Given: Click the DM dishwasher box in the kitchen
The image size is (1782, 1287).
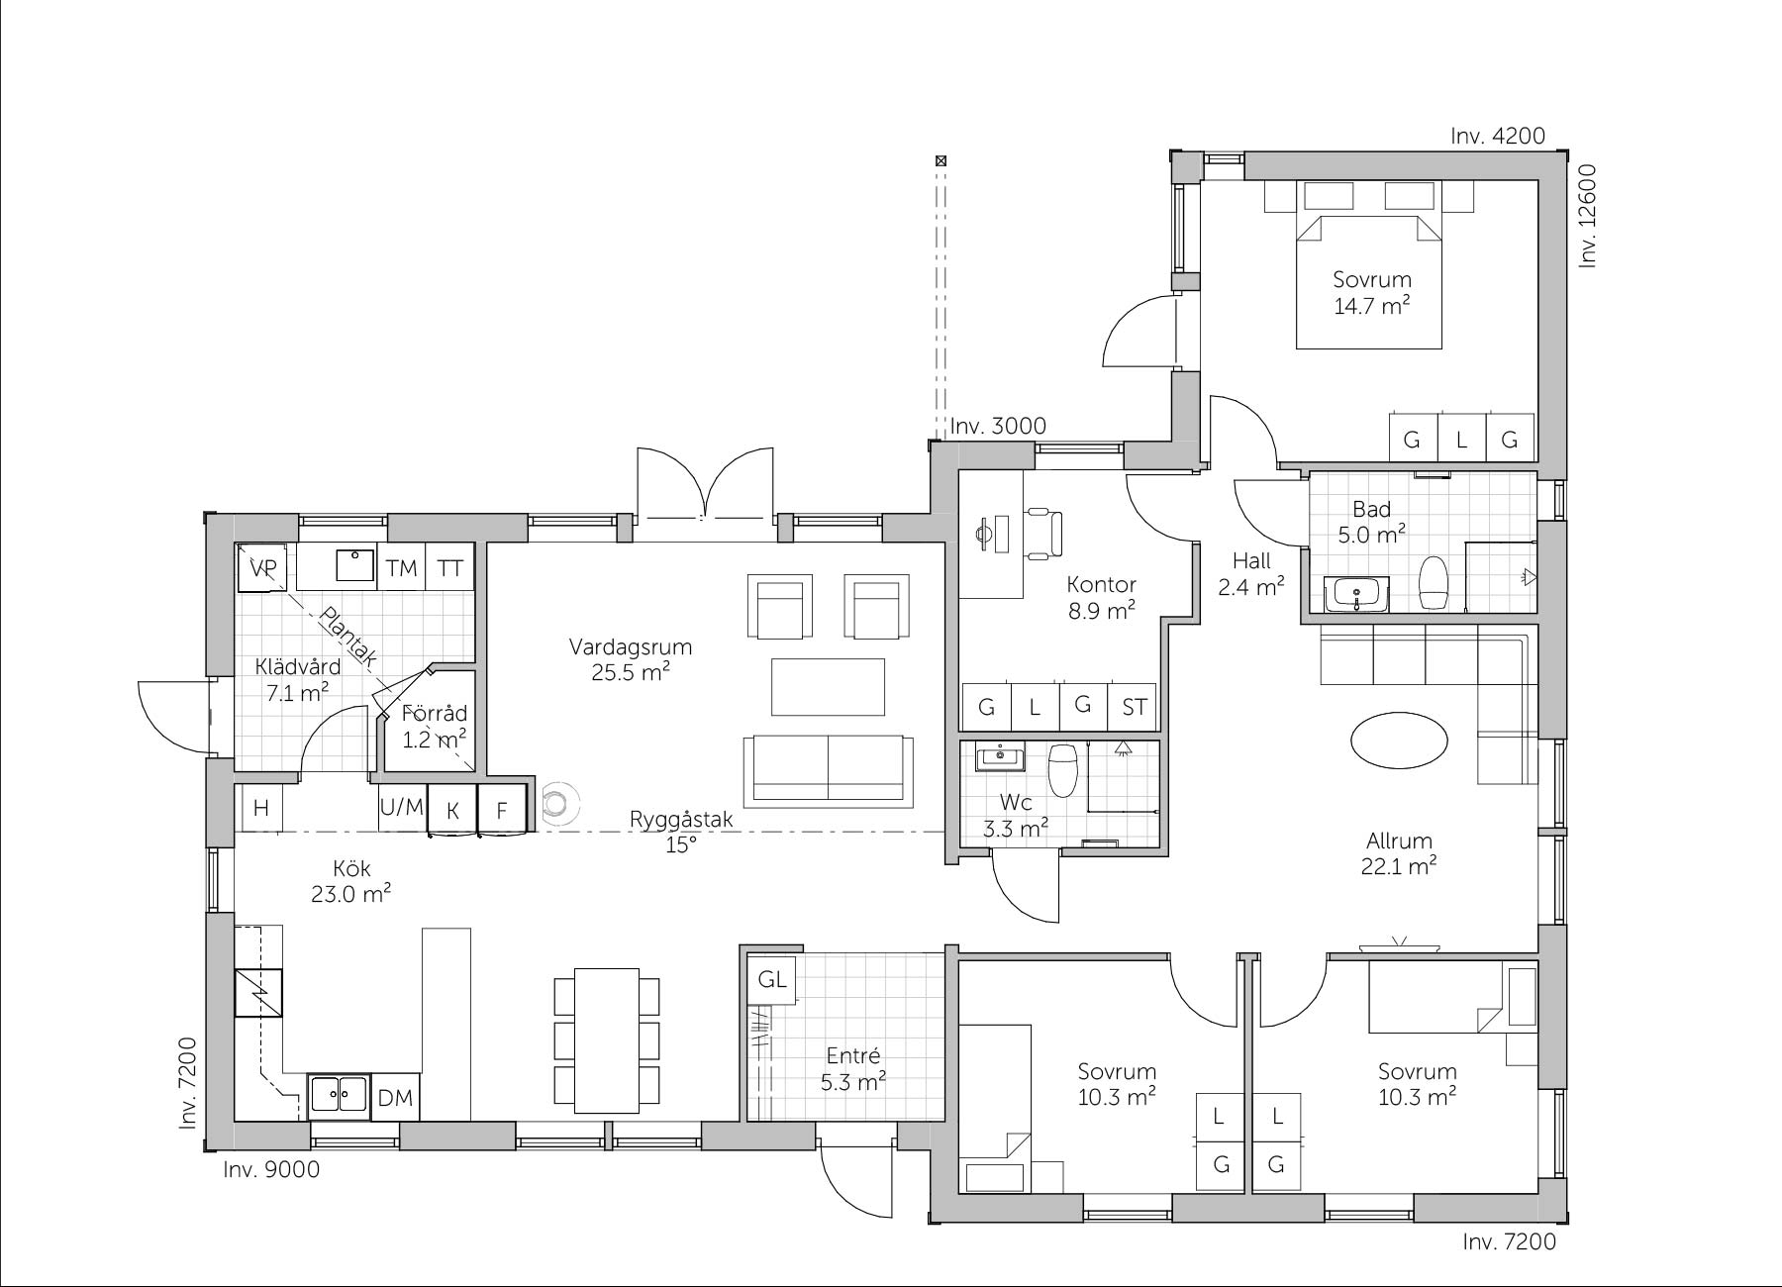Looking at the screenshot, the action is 396,1097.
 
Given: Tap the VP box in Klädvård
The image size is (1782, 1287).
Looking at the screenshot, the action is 262,567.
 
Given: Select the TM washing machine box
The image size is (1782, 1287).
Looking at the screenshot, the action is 401,567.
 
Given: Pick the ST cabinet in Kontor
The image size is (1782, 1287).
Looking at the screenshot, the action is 1135,707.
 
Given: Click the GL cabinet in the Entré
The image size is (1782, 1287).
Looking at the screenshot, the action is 772,979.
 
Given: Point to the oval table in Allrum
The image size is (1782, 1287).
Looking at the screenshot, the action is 1399,740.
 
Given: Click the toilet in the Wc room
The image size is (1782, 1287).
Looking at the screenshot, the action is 1063,770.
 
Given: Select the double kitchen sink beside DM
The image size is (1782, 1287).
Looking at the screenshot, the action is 339,1097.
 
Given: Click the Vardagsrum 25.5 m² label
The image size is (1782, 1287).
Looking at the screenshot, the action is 631,659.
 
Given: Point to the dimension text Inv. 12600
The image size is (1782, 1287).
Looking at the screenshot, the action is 1589,216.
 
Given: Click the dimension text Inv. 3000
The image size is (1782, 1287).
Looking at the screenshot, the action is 998,426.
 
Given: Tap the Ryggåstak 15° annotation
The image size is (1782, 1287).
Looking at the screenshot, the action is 681,832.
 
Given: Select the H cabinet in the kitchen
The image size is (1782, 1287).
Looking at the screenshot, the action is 260,808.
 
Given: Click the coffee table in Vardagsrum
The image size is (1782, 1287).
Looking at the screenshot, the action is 828,686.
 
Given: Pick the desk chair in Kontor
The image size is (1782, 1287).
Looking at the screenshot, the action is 1042,534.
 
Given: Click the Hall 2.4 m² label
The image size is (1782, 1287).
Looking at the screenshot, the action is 1251,574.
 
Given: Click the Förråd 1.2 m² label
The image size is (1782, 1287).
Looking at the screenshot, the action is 434,726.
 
